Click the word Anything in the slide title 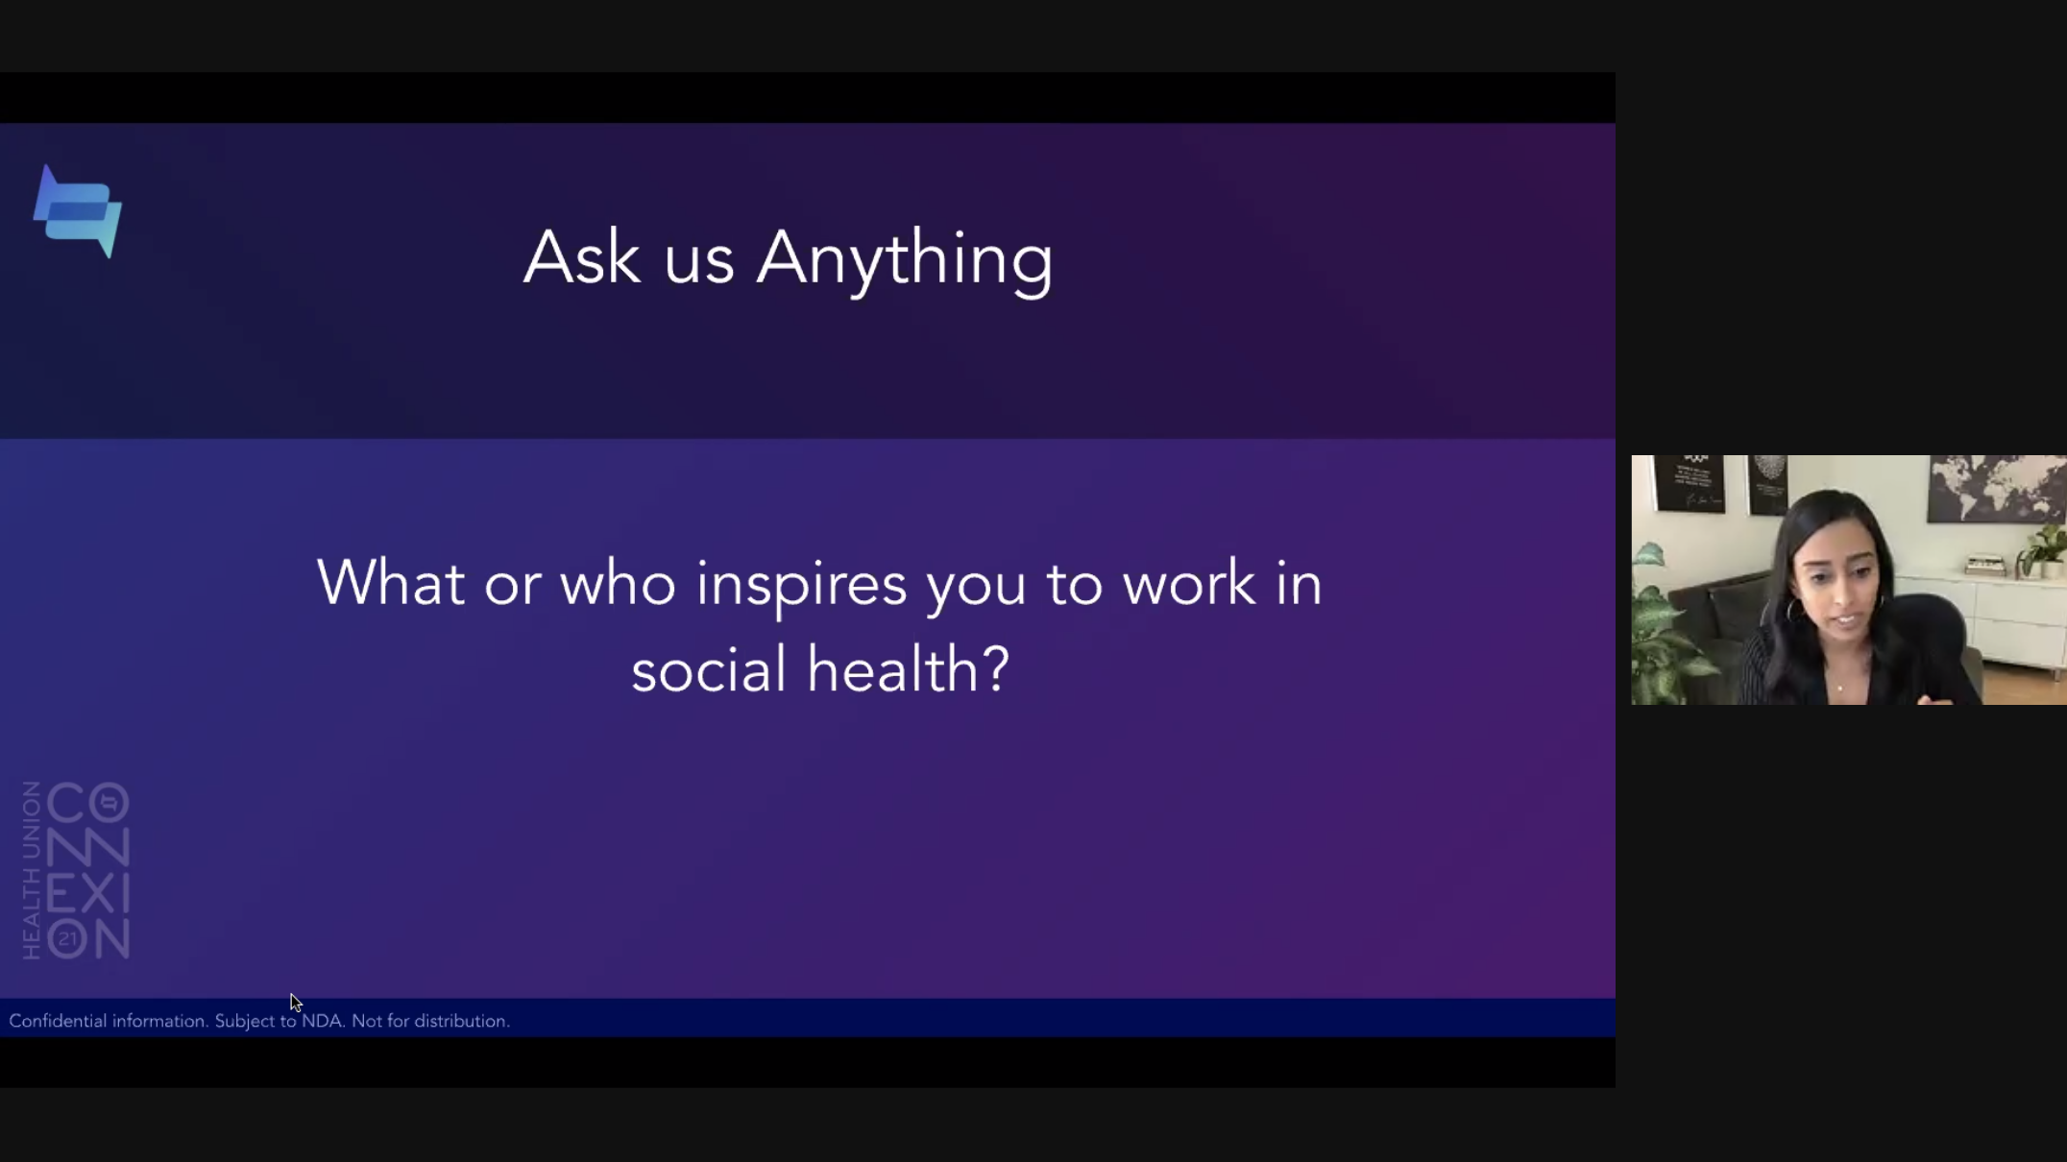(905, 259)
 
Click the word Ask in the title (581, 257)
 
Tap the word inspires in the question (801, 586)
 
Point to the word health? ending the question (909, 669)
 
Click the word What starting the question (391, 583)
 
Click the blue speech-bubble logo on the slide (79, 212)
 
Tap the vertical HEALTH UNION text (32, 870)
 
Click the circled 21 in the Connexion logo (67, 939)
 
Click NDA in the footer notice (322, 1021)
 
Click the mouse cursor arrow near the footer (296, 1003)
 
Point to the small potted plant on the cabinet (2043, 551)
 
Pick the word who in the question (618, 583)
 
